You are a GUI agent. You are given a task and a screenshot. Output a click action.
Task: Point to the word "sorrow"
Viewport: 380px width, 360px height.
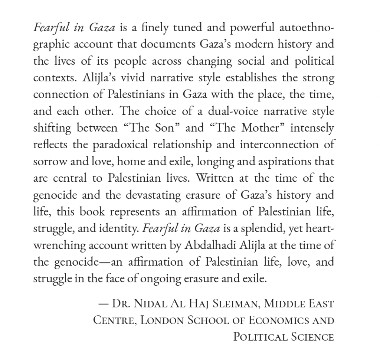coord(48,162)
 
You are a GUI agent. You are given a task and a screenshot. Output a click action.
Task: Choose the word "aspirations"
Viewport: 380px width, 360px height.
coord(292,162)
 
